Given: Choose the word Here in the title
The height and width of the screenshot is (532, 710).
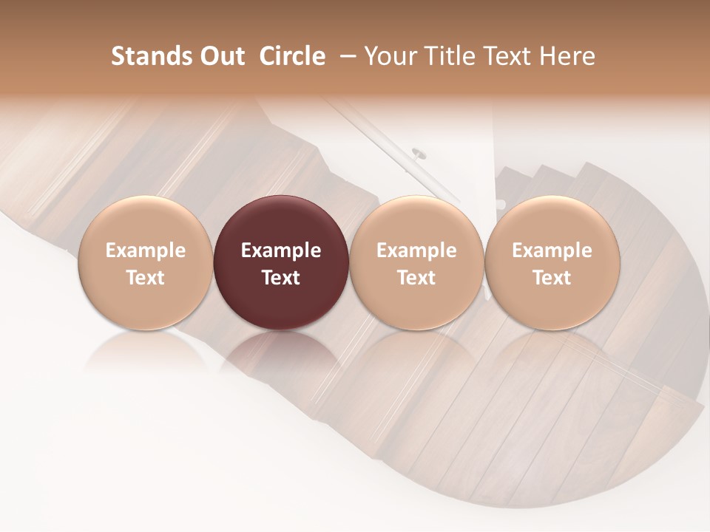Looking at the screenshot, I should (x=568, y=56).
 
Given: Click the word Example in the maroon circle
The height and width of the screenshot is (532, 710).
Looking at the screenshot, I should (x=281, y=250).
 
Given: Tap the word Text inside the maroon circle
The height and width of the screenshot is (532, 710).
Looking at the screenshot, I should (x=281, y=278).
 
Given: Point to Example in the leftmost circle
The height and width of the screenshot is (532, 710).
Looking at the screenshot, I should (x=146, y=250).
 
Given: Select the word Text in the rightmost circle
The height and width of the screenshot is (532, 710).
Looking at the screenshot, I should (x=552, y=278).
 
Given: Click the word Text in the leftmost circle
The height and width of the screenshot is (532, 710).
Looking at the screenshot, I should (x=146, y=278).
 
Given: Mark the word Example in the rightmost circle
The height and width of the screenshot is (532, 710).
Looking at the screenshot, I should (x=552, y=250).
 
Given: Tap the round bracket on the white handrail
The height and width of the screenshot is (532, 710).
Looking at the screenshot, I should (x=418, y=154).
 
